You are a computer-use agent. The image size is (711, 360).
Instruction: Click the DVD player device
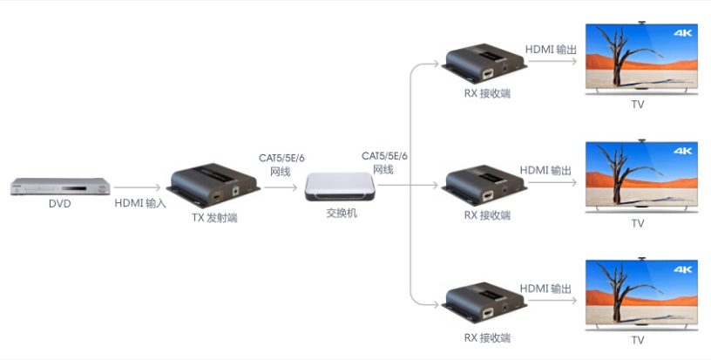tap(59, 186)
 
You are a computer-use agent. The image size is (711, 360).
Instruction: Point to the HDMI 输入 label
tap(140, 203)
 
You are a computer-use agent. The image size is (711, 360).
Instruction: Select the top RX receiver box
tap(485, 64)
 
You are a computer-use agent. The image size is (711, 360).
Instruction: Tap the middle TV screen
tap(641, 175)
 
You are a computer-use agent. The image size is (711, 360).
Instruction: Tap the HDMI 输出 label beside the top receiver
tap(551, 50)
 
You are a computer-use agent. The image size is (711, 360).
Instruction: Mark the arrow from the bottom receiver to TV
tap(551, 303)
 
